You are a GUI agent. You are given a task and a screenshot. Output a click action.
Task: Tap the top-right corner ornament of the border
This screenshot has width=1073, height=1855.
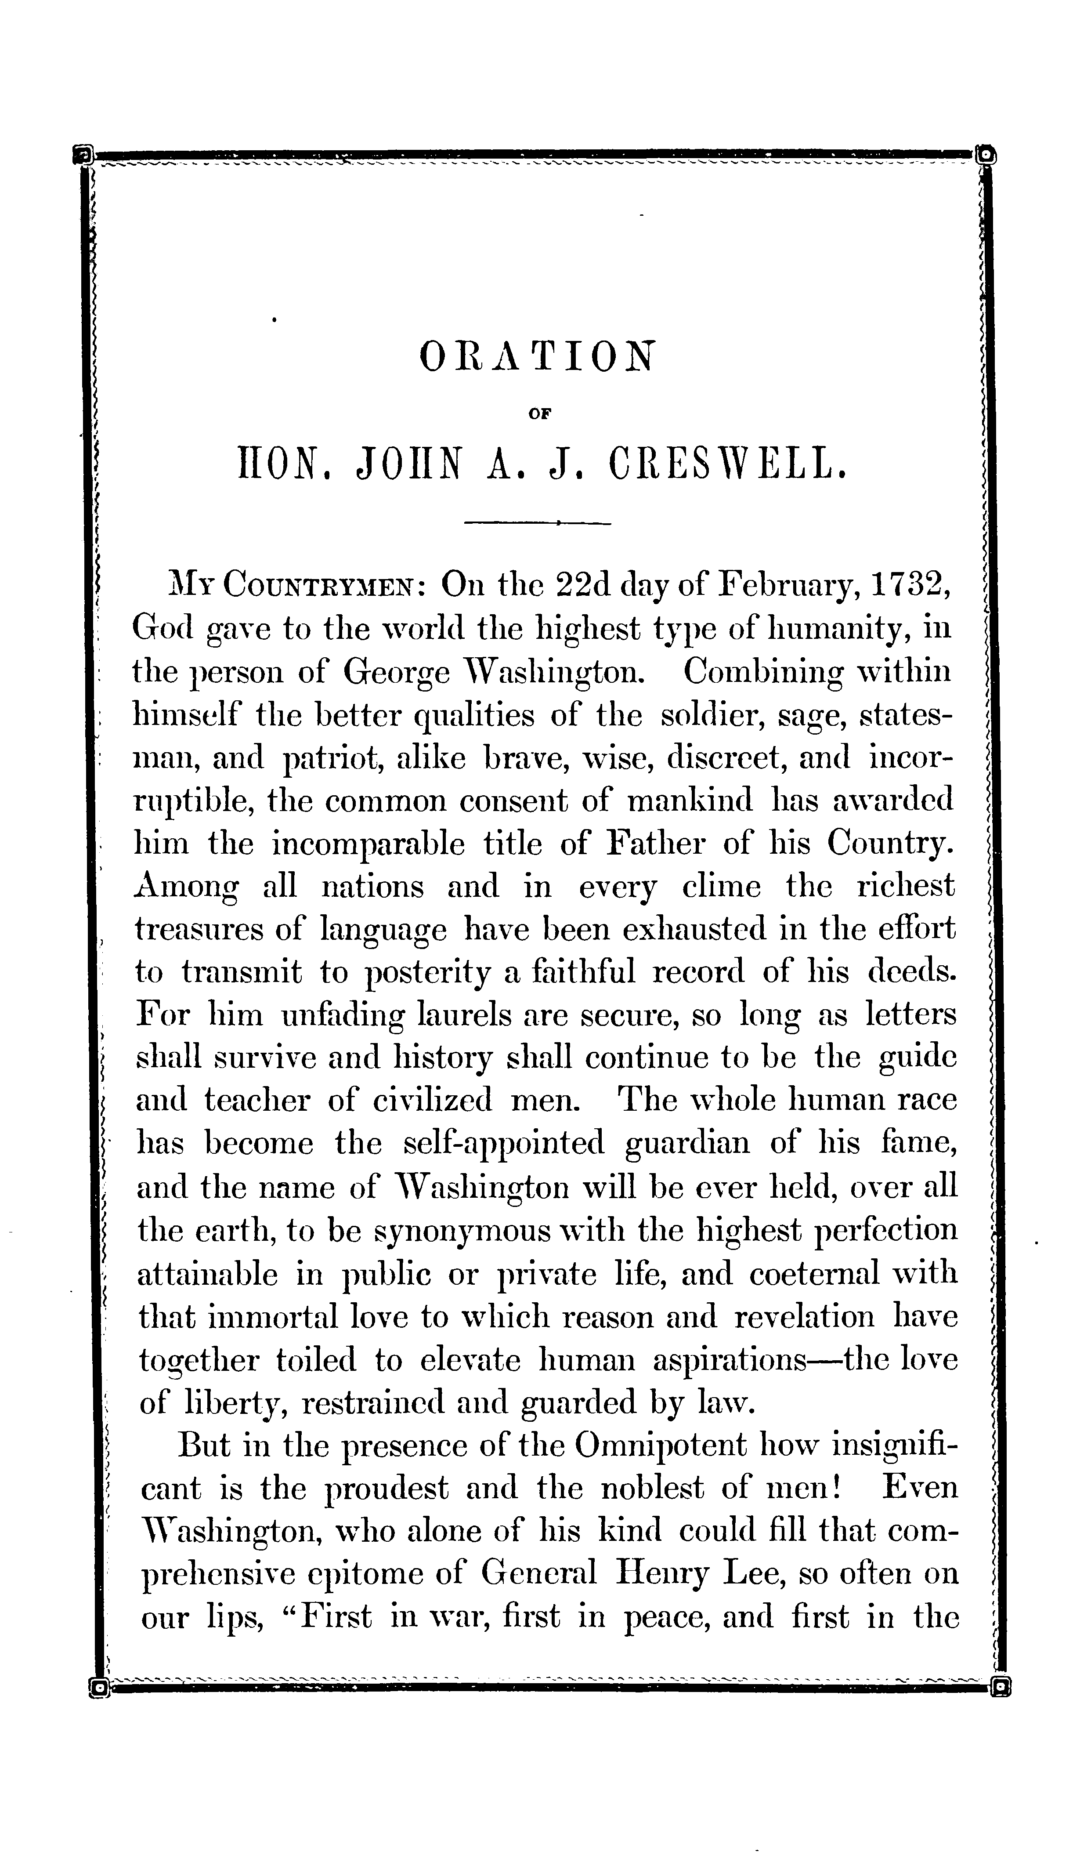[984, 156]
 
